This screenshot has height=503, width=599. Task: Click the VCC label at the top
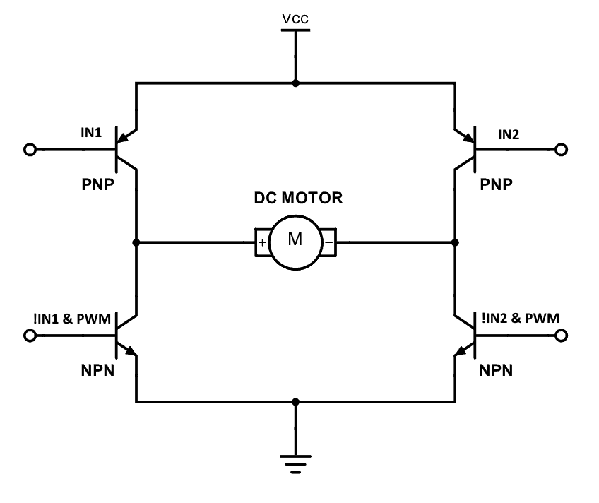pos(295,18)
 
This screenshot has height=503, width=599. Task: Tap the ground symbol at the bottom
pos(295,463)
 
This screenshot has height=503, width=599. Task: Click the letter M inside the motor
pos(295,239)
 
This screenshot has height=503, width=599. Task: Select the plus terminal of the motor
pos(262,242)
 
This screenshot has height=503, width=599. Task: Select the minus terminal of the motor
pos(329,242)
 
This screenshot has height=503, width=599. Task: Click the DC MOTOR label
pos(298,198)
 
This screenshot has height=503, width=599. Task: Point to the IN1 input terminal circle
pos(30,149)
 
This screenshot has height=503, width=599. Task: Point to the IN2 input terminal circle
pos(561,149)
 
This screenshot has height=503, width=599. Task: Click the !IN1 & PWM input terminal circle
pos(30,336)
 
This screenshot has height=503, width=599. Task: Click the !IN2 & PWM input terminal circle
pos(561,336)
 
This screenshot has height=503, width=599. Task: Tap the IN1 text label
pos(91,133)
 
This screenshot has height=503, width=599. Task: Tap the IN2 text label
pos(509,134)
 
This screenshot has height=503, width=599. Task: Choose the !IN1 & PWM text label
pos(72,319)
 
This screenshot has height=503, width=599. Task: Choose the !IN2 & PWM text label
pos(521,318)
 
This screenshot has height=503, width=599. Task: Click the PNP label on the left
pos(97,184)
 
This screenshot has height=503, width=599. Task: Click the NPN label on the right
pos(496,370)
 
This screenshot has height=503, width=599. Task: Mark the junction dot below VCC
pos(295,83)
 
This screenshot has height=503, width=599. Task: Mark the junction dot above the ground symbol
pos(295,401)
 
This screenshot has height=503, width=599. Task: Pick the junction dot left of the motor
pos(136,242)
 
